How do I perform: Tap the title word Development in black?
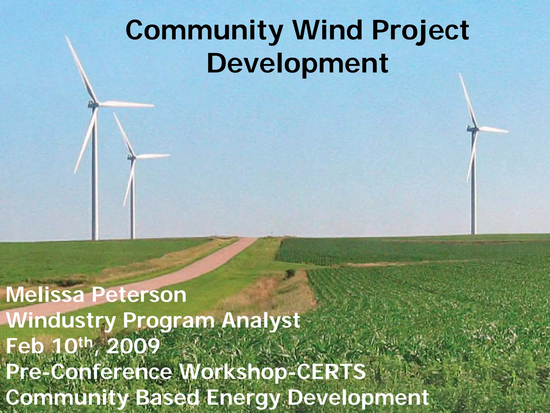tap(297, 63)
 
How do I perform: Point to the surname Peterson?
tap(139, 295)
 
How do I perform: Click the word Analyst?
tap(260, 321)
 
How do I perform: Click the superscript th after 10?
tap(87, 343)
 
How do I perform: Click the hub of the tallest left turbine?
tap(94, 105)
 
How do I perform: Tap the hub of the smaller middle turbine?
tap(132, 157)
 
